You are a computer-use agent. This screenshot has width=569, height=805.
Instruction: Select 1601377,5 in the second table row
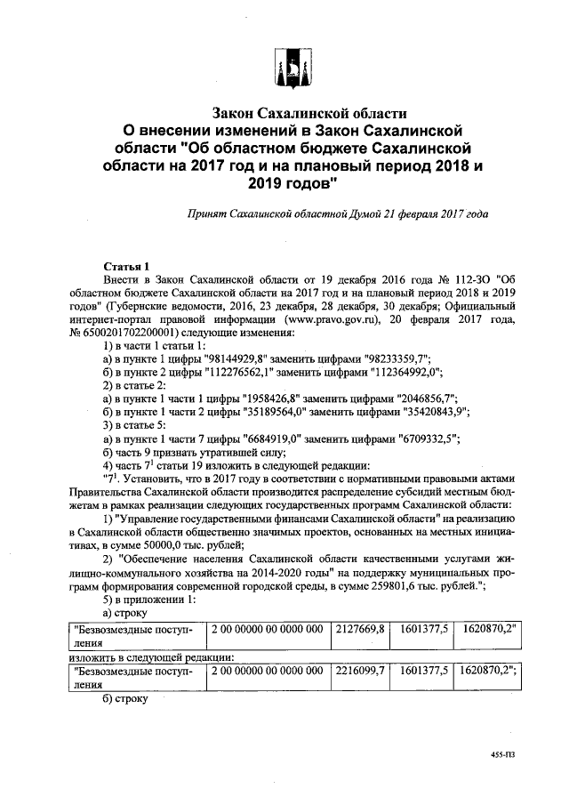point(423,672)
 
